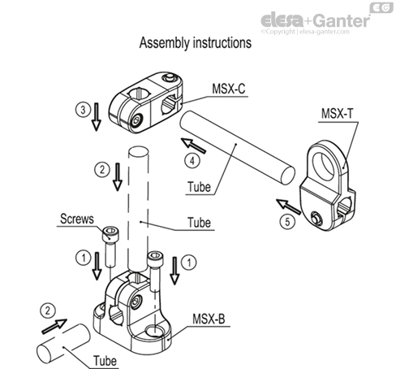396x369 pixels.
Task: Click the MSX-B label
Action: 209,316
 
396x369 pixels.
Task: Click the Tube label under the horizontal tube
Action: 199,186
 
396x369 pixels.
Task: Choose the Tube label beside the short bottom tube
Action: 102,360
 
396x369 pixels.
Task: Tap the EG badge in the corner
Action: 381,7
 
